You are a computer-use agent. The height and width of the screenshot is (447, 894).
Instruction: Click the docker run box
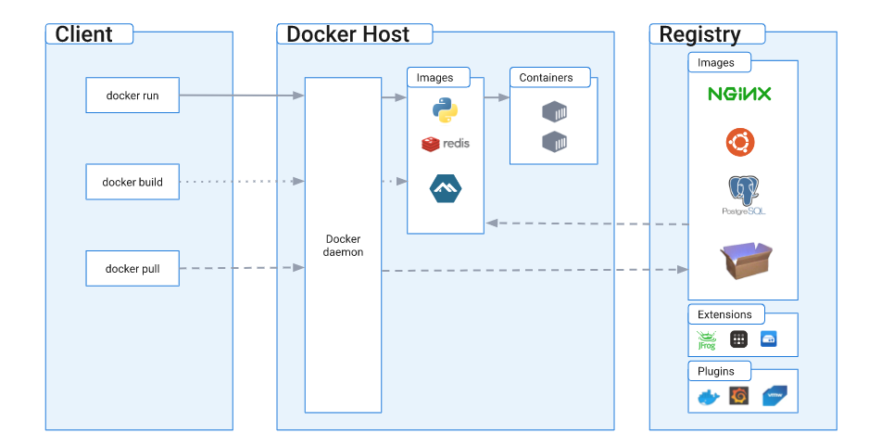tap(132, 96)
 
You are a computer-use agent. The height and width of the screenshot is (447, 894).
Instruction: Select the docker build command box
tap(132, 182)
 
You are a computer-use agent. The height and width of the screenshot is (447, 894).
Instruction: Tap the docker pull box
tap(132, 268)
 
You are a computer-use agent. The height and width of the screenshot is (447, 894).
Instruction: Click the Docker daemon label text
tap(343, 246)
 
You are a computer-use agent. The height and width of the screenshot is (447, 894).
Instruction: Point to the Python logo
tap(446, 110)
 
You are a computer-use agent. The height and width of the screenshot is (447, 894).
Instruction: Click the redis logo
tap(446, 144)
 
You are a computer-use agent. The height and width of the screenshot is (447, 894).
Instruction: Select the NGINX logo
tap(739, 94)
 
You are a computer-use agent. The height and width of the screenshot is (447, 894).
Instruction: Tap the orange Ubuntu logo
tap(740, 142)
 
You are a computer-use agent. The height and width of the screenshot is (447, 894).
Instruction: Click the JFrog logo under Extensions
tap(706, 340)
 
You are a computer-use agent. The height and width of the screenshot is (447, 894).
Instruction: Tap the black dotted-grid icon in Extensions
tap(739, 339)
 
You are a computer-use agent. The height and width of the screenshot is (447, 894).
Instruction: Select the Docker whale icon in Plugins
tap(709, 397)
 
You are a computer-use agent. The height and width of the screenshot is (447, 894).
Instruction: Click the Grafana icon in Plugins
tap(739, 396)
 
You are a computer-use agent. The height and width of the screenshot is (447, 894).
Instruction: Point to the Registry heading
tap(699, 34)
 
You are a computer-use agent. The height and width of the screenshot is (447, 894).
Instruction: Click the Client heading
tap(83, 34)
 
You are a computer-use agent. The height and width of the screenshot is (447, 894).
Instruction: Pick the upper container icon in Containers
tap(555, 112)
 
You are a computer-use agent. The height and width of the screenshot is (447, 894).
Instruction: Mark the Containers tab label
tap(546, 78)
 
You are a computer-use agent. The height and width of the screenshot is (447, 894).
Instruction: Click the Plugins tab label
tap(716, 371)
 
